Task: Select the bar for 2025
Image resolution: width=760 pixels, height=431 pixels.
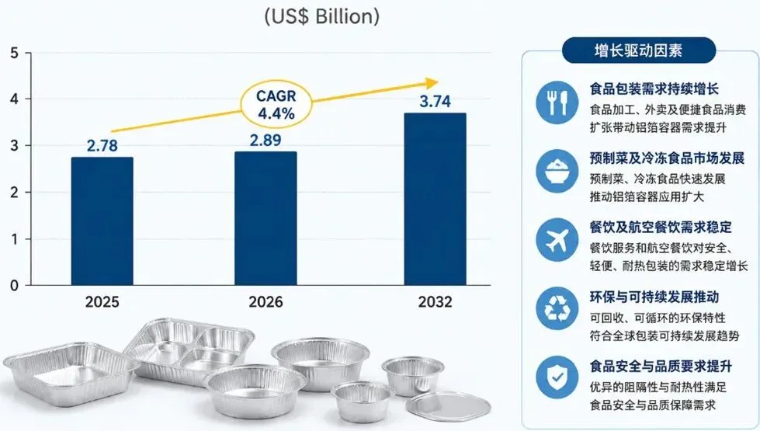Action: click(x=102, y=221)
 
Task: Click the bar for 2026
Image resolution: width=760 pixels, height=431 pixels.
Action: click(x=265, y=218)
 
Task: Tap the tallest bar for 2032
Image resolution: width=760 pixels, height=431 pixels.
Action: click(x=436, y=200)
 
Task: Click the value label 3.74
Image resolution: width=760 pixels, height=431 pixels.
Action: click(x=436, y=101)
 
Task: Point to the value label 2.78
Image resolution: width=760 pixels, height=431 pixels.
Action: click(x=102, y=145)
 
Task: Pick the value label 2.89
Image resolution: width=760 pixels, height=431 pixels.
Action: click(x=265, y=140)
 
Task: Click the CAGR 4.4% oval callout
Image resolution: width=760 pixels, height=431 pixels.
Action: click(x=276, y=104)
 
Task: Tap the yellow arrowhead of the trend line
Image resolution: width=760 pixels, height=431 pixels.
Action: click(x=432, y=83)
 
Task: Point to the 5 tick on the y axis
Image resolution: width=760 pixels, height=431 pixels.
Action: click(x=15, y=52)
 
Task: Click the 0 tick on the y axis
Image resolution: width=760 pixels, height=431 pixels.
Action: click(x=15, y=286)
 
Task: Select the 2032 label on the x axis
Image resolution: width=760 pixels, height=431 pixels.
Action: click(x=436, y=302)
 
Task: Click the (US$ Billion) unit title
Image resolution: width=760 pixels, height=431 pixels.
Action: click(x=322, y=16)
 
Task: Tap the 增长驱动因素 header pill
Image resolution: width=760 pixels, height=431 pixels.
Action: click(x=639, y=50)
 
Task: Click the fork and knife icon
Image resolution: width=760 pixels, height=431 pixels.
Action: click(x=557, y=103)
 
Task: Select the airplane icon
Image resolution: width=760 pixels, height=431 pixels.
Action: click(x=557, y=240)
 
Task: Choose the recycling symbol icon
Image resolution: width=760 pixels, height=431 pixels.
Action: click(x=557, y=309)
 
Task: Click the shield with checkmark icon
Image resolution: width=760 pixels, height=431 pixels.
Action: click(x=557, y=377)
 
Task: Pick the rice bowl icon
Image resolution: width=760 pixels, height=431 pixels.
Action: click(x=557, y=171)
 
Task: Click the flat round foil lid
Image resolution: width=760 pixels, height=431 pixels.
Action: click(x=449, y=405)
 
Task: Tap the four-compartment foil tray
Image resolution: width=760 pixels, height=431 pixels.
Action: click(x=189, y=350)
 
